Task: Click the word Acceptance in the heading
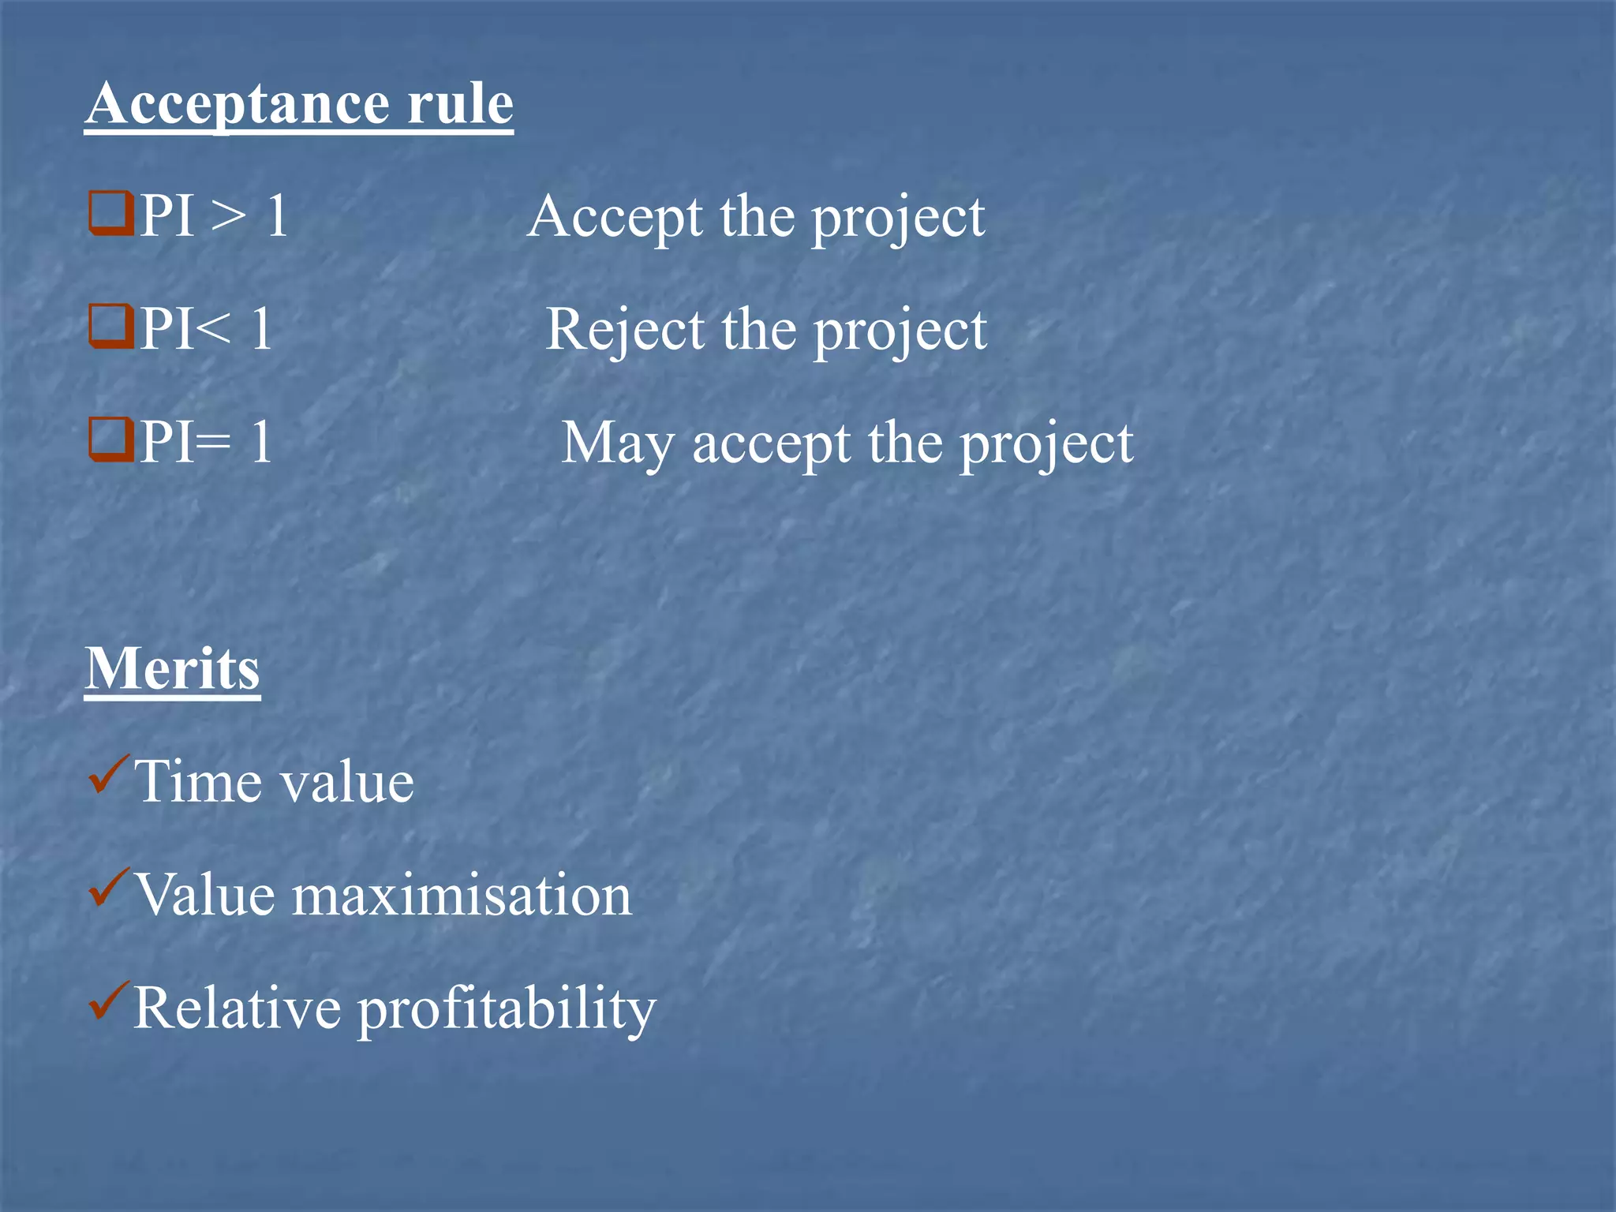[236, 105]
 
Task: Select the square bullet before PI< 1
[110, 327]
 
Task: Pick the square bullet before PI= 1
[110, 440]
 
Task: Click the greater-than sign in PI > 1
[230, 216]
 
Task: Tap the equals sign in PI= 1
[212, 443]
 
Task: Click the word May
[618, 444]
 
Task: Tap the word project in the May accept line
[1046, 446]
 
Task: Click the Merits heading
[172, 668]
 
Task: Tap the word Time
[197, 781]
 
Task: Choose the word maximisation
[462, 895]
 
